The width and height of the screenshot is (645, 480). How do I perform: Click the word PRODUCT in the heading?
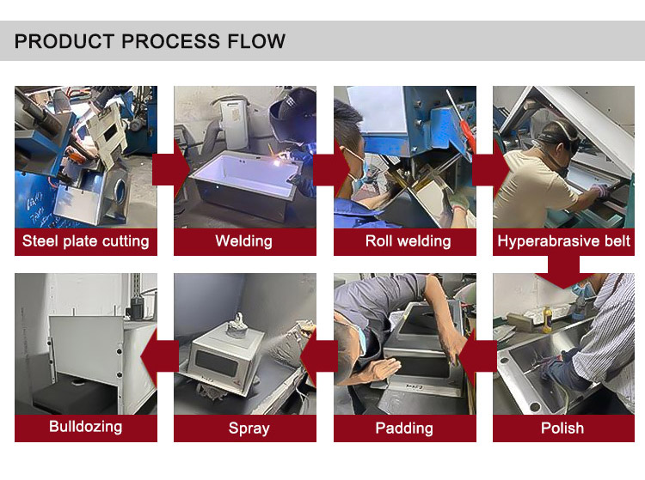(64, 41)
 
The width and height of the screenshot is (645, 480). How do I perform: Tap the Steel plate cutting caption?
(85, 241)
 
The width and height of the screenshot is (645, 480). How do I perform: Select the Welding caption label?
(244, 241)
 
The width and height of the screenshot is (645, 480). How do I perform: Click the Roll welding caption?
(408, 241)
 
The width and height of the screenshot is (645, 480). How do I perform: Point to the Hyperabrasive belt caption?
(563, 241)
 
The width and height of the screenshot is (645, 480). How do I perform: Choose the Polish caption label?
(562, 428)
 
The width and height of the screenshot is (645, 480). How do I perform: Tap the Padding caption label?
(404, 428)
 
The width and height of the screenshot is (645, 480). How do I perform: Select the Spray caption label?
(249, 428)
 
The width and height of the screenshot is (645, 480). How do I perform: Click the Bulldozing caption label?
(85, 427)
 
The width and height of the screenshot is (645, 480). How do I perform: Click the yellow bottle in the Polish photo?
(547, 319)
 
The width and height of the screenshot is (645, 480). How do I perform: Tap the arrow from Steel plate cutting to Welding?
(169, 169)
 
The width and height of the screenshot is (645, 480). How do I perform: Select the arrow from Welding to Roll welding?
(330, 169)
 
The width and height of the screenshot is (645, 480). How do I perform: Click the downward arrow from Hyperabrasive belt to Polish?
(563, 272)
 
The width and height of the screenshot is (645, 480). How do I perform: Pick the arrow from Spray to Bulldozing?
(160, 356)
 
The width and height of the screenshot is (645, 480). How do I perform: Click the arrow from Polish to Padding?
(477, 356)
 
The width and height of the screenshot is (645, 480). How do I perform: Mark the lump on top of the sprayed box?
(236, 325)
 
